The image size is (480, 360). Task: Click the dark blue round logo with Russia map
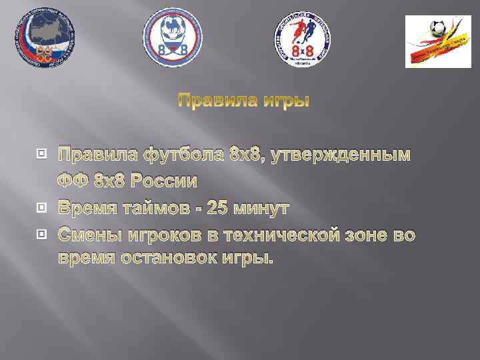click(x=45, y=37)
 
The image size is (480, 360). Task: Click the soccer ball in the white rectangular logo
click(x=438, y=27)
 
